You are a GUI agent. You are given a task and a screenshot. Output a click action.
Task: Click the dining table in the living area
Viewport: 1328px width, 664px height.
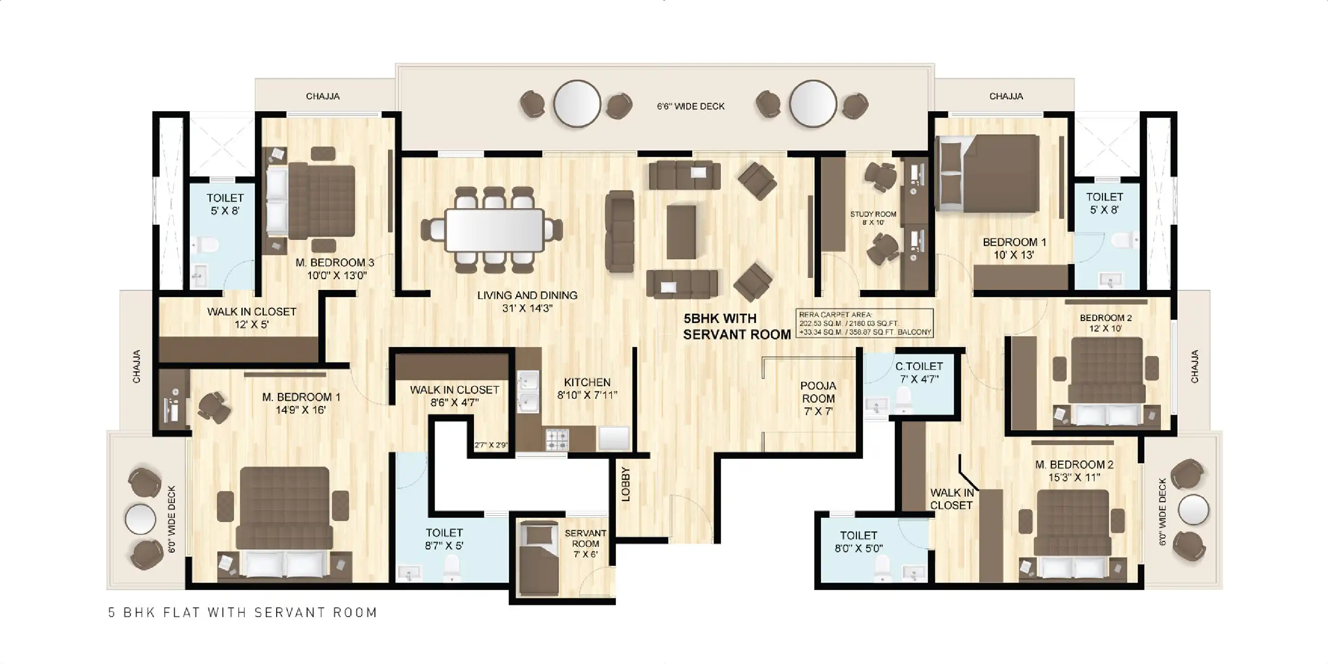click(494, 230)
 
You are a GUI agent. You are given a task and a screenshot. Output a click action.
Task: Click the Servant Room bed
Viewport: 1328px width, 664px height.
click(539, 558)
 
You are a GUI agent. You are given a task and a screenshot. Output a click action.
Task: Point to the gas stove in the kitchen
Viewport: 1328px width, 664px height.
click(557, 440)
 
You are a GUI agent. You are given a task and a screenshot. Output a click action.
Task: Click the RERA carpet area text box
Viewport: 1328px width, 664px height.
click(865, 323)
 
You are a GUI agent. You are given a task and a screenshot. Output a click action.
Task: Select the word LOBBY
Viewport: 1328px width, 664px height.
click(625, 484)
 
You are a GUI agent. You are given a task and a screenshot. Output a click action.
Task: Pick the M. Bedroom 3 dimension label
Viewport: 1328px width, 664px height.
click(337, 275)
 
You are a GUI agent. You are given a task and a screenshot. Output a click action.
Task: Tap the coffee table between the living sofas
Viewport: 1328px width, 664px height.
click(681, 232)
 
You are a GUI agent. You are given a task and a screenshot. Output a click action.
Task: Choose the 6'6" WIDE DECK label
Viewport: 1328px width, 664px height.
click(690, 106)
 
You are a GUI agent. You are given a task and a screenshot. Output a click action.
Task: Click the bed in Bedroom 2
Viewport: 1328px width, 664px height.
click(1106, 381)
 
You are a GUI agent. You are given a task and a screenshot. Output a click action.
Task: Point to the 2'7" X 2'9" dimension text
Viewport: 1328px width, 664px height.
click(491, 445)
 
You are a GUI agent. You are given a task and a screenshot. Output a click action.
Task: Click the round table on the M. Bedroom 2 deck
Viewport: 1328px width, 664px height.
click(1192, 510)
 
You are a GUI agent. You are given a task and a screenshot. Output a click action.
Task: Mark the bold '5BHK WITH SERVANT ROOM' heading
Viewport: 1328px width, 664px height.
click(737, 326)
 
